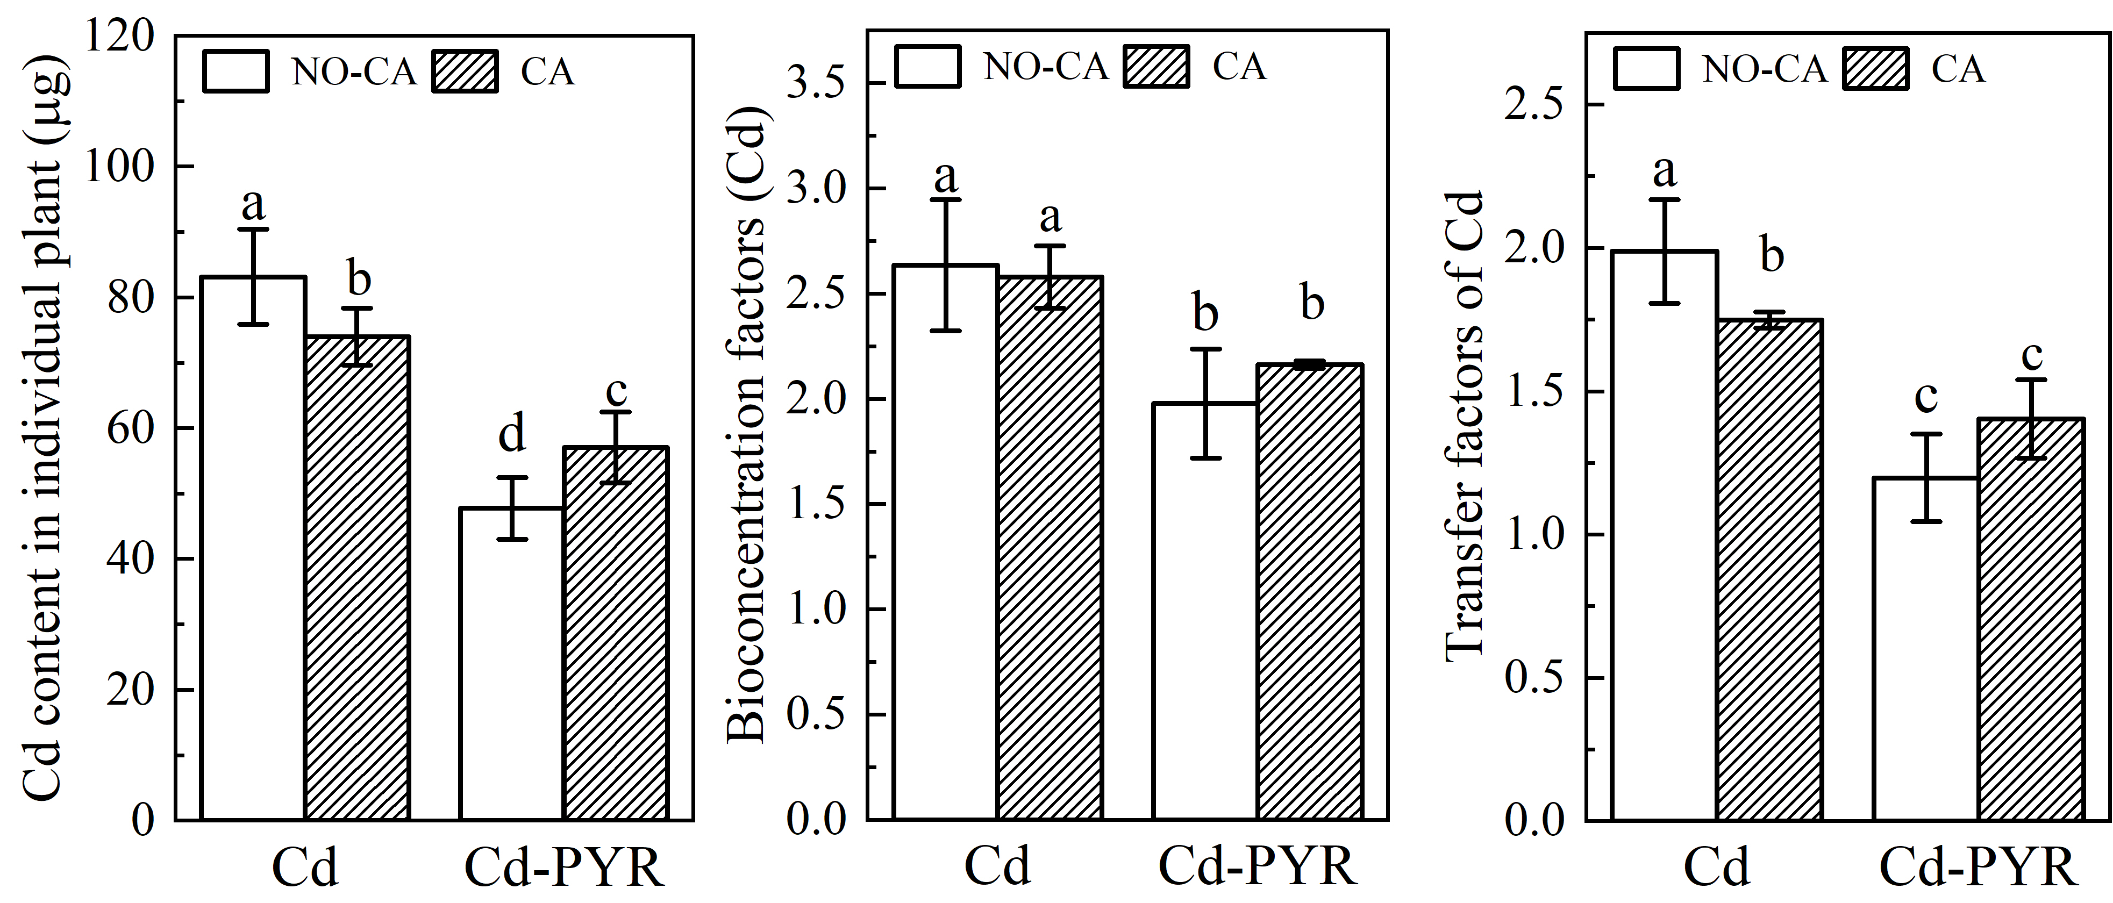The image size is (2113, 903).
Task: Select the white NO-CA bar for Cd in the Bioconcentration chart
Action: (946, 541)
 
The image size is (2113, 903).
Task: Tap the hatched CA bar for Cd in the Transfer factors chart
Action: (1769, 569)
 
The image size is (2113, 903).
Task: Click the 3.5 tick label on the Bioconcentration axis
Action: (816, 84)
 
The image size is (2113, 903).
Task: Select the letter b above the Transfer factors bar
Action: (1772, 255)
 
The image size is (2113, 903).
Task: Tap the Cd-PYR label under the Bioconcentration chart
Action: (1258, 866)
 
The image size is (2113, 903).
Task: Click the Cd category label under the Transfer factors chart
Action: (1717, 866)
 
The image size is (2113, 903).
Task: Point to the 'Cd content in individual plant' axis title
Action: (41, 435)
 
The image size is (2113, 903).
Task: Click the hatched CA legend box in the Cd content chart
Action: (465, 71)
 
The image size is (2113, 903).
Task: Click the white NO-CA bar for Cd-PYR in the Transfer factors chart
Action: (1925, 648)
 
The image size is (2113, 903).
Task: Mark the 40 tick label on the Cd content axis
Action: (131, 560)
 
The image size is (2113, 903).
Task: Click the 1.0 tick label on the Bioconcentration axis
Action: (816, 610)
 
